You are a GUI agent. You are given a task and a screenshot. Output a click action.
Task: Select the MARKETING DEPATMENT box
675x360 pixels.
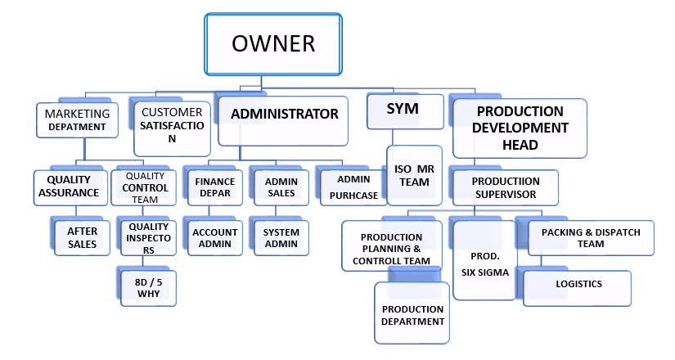pos(76,119)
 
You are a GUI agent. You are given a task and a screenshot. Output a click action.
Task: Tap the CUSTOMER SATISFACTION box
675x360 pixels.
pos(172,126)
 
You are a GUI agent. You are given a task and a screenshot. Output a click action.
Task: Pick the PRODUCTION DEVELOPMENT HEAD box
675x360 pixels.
pos(520,128)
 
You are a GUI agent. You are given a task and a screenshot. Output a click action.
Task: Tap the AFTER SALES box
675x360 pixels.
pos(83,237)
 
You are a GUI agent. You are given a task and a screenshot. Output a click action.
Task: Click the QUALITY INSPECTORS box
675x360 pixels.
pos(149,237)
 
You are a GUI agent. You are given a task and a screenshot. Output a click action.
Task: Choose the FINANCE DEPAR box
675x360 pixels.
pos(215,187)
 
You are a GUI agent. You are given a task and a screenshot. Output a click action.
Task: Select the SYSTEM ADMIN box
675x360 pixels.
pos(281,238)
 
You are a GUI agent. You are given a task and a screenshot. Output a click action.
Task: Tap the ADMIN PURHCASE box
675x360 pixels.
pos(353,187)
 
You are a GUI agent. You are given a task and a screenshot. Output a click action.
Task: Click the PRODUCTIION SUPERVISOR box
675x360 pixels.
pos(506,188)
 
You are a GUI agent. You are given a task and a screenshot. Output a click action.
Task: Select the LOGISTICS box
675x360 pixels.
pos(578,285)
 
